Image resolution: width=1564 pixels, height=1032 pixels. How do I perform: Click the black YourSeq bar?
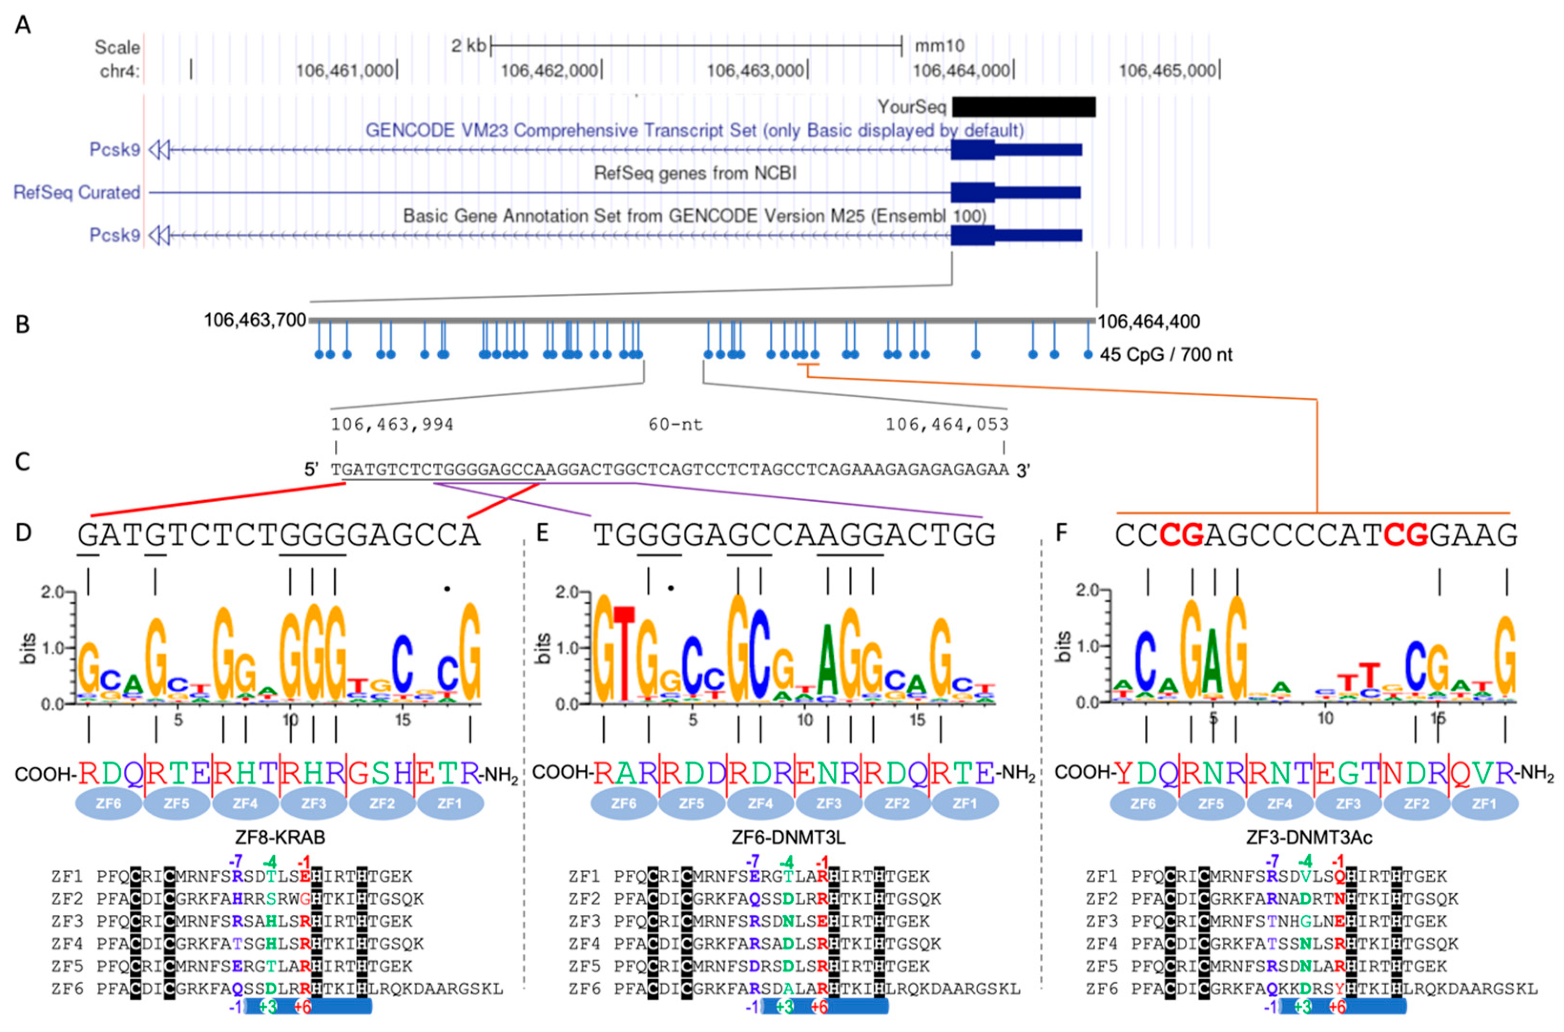click(x=1023, y=107)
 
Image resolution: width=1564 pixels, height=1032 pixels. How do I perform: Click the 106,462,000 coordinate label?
click(x=549, y=70)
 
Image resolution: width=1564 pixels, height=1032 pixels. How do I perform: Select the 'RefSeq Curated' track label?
click(x=77, y=192)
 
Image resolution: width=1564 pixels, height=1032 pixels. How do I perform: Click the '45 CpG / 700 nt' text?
click(x=1166, y=355)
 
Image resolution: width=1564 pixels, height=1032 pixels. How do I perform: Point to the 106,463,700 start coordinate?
click(x=255, y=320)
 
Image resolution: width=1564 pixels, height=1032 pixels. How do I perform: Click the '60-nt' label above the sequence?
click(x=675, y=424)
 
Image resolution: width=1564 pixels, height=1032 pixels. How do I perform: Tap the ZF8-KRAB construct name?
click(x=280, y=837)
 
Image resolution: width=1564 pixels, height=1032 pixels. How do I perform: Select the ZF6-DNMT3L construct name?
click(x=788, y=837)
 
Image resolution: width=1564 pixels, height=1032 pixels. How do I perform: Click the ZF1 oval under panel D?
click(x=450, y=804)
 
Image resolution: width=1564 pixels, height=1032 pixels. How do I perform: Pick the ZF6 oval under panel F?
click(x=1143, y=804)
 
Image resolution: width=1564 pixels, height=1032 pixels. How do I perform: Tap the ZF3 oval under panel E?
click(x=829, y=804)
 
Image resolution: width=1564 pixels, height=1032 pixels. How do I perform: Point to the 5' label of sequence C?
click(x=311, y=469)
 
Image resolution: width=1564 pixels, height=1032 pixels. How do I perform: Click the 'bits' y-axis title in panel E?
click(x=542, y=648)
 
